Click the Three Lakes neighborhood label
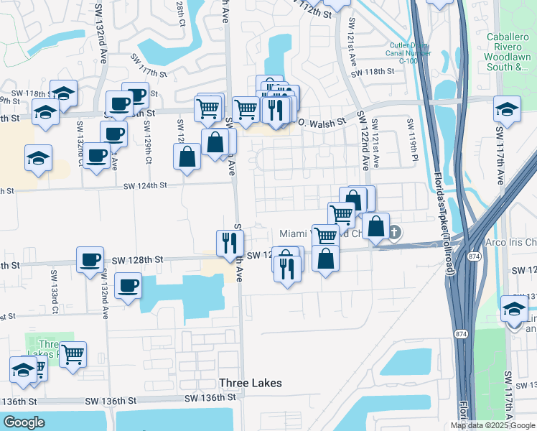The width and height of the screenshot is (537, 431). tap(250, 383)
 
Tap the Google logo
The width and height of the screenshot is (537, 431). tap(24, 422)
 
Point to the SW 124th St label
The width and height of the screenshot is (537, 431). tap(145, 185)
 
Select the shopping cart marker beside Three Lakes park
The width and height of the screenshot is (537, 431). tap(73, 353)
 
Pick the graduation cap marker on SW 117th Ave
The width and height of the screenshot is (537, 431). tap(507, 110)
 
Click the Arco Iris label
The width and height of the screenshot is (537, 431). tap(510, 243)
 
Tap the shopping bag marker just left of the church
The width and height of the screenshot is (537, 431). tap(375, 226)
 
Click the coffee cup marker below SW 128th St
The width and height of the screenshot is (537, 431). tap(128, 286)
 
